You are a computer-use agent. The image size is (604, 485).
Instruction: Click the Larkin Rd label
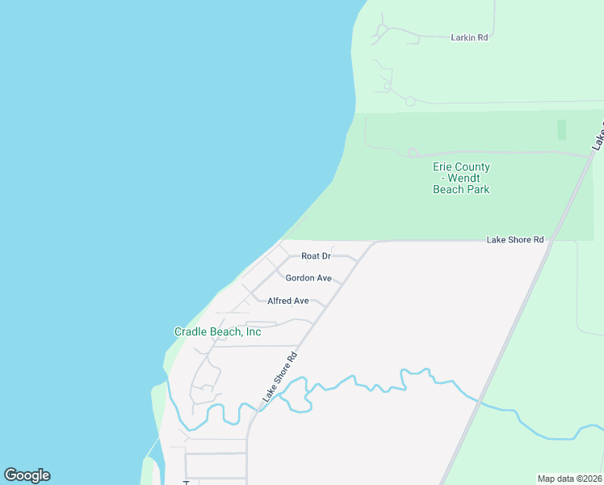(x=472, y=37)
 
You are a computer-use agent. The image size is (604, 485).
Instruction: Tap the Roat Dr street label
(x=317, y=256)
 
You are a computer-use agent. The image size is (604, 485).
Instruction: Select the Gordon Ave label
(x=308, y=278)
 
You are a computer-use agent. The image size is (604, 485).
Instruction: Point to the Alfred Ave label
(x=288, y=301)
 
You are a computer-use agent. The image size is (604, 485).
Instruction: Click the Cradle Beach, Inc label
(x=218, y=331)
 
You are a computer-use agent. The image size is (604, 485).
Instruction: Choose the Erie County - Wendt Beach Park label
(x=461, y=178)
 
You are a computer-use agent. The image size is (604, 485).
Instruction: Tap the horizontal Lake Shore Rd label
(x=515, y=240)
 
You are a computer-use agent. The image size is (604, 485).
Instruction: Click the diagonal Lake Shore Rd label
(x=280, y=377)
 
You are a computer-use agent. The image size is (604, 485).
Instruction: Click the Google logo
(x=27, y=475)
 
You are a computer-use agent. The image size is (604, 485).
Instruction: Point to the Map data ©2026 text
(x=569, y=479)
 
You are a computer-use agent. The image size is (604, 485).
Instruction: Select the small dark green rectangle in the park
(x=562, y=129)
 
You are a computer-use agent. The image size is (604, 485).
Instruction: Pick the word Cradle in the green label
(x=191, y=331)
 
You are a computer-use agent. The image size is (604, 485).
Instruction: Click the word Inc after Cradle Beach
(x=253, y=331)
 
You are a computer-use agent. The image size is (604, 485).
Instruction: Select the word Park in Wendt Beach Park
(x=477, y=189)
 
